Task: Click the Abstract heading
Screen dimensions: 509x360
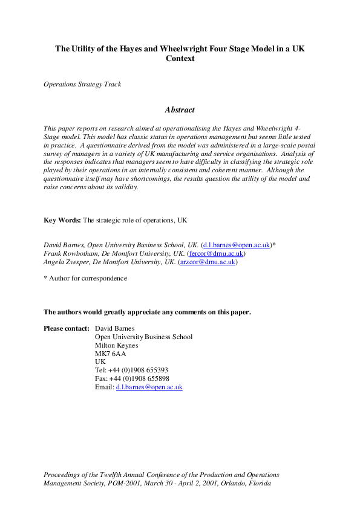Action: tap(180, 110)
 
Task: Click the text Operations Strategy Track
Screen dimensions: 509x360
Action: tap(82, 84)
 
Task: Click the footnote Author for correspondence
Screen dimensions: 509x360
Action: tap(88, 278)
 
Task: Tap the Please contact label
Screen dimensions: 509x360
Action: tap(67, 328)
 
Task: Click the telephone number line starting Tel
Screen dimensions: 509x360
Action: tap(132, 370)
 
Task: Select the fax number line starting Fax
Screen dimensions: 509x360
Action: tap(132, 378)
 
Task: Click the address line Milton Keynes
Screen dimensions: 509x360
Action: tap(117, 345)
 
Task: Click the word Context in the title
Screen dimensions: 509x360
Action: tap(180, 59)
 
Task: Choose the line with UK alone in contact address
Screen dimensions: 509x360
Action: tap(100, 361)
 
